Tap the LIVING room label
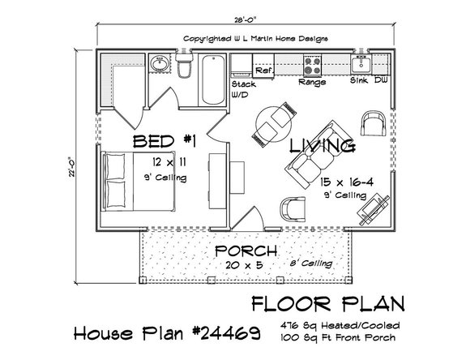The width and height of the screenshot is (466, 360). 322,146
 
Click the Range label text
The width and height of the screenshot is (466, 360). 312,82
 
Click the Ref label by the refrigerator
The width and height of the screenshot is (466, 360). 263,71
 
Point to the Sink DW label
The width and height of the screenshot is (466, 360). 366,82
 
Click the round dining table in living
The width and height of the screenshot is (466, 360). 270,122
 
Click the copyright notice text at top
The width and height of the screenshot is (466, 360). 252,37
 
